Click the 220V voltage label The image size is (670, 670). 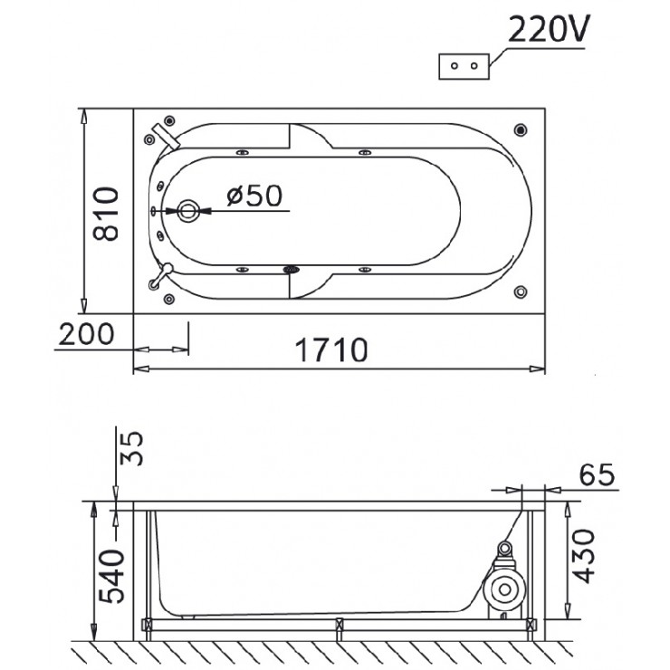(548, 32)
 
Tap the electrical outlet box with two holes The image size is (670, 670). (464, 66)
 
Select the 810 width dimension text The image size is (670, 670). (108, 214)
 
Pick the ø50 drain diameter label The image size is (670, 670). (254, 195)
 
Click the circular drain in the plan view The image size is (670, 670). (188, 211)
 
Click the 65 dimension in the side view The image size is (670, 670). (593, 474)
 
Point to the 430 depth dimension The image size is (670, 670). (587, 555)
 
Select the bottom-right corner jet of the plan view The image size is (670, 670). (521, 292)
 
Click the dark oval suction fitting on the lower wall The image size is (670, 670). (292, 269)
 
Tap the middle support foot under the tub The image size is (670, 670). (338, 626)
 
